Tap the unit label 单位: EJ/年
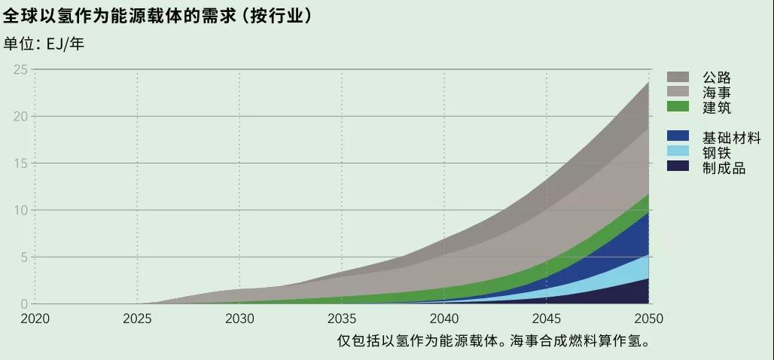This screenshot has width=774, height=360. coord(44,44)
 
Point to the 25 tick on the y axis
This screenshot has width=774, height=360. coord(20,70)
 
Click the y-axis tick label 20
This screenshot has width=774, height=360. coord(20,117)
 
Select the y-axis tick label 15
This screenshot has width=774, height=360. coord(20,163)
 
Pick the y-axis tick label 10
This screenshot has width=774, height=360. coord(20,210)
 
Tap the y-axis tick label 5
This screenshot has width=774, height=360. coord(24,257)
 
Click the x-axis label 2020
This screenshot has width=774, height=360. coord(35,319)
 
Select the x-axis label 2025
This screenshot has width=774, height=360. coord(137,319)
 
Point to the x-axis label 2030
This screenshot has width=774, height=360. coord(239,319)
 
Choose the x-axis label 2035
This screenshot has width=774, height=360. coord(342,319)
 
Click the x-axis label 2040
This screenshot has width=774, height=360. coord(444,319)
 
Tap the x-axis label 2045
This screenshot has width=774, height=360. coord(547,319)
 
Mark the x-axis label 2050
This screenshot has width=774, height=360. coord(648,319)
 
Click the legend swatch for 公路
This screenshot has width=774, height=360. coord(678,77)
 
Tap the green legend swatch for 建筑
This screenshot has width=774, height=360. coord(678,107)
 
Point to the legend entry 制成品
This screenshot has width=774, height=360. coord(724,167)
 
